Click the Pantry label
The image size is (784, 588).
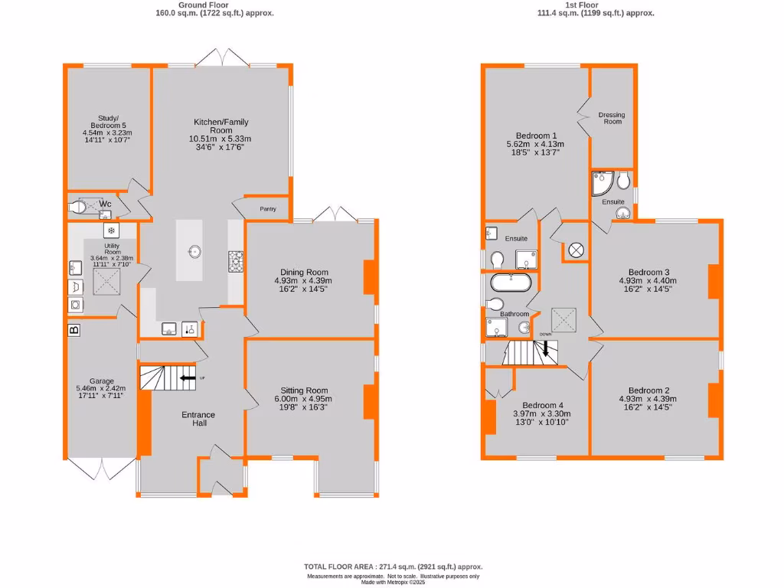tap(268, 209)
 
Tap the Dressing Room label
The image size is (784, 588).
tap(611, 118)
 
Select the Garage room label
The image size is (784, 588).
tap(101, 381)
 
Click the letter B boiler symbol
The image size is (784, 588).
tap(73, 330)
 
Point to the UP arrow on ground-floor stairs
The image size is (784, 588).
tap(186, 377)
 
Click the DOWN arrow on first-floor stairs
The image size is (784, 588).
tap(545, 348)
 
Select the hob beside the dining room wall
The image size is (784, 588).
tap(236, 262)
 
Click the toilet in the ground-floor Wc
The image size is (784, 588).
tap(80, 206)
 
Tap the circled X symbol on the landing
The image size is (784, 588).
tap(575, 250)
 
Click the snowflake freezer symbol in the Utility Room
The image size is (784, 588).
tap(111, 230)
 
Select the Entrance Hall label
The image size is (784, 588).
tap(198, 420)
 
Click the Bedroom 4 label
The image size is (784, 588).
tap(542, 406)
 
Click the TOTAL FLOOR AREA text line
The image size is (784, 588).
tap(394, 567)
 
